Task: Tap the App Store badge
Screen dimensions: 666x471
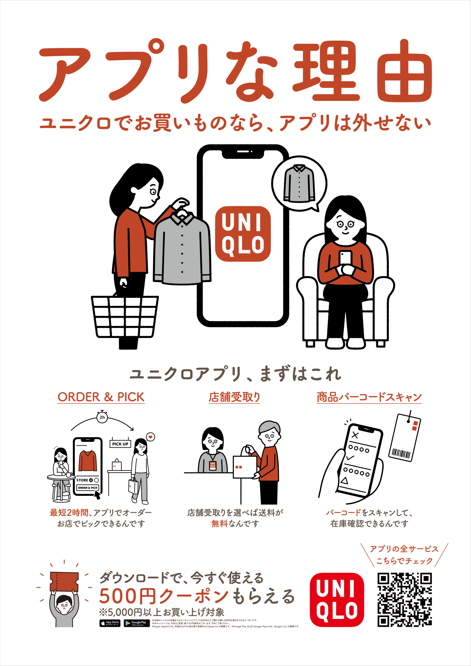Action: (x=110, y=623)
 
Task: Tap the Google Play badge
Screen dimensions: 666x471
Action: (x=137, y=623)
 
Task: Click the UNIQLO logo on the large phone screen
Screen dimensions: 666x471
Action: (x=243, y=234)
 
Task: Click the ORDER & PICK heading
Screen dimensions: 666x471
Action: (x=101, y=397)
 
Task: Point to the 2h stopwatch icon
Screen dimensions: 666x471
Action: (x=102, y=417)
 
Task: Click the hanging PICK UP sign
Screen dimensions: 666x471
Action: (x=120, y=444)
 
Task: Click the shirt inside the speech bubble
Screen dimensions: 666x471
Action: (x=299, y=183)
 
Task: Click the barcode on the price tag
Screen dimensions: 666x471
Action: (x=401, y=453)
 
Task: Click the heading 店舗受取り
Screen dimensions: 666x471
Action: (x=234, y=397)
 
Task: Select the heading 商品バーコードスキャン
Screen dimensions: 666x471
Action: (x=369, y=397)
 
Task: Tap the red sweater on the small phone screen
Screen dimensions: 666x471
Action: (x=87, y=461)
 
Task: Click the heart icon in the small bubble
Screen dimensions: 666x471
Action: (x=151, y=437)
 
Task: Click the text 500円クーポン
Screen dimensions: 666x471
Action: (x=164, y=596)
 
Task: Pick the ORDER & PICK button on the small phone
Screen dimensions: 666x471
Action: (x=87, y=488)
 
